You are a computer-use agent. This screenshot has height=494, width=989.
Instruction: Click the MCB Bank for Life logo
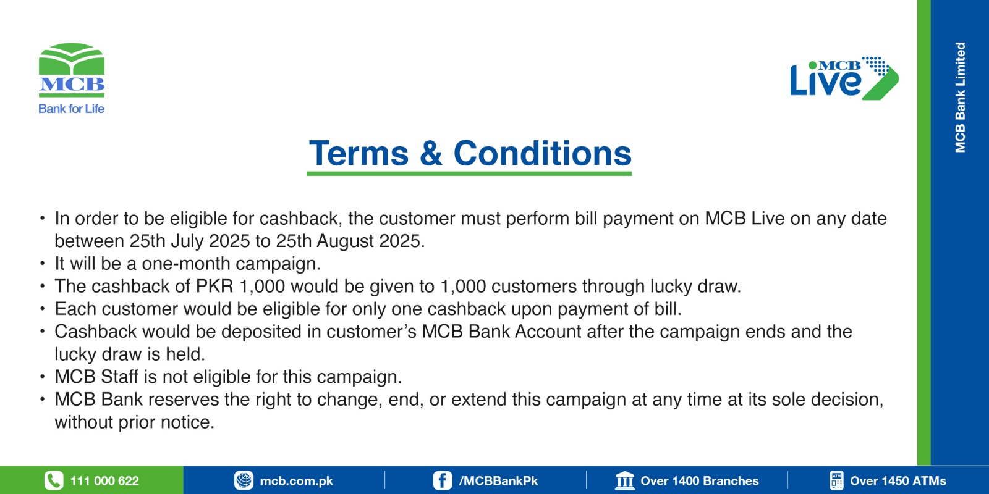[72, 78]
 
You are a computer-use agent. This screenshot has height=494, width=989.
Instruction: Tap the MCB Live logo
[844, 78]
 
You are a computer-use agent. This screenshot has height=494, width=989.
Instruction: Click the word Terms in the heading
[359, 154]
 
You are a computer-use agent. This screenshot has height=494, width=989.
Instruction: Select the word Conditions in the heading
[543, 154]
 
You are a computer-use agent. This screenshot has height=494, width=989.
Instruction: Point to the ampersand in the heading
[431, 154]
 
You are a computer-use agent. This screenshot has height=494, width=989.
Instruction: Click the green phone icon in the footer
[54, 480]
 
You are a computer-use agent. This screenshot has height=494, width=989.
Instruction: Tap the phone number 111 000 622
[104, 481]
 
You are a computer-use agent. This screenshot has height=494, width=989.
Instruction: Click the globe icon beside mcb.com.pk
[244, 480]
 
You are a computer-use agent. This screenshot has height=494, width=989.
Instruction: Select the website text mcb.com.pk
[296, 481]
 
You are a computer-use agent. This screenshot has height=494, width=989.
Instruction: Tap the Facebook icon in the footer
[443, 480]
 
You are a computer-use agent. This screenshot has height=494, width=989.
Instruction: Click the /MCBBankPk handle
[498, 481]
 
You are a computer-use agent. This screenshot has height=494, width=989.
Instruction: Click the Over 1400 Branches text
[699, 481]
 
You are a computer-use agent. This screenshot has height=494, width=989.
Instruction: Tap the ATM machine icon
[836, 480]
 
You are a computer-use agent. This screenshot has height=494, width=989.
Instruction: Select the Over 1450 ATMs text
[898, 481]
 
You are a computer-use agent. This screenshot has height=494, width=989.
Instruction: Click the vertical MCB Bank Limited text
[961, 98]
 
